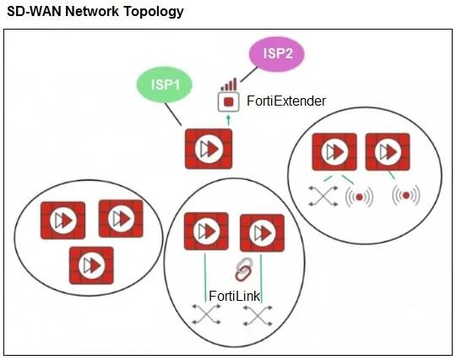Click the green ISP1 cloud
165,85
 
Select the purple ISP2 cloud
277,53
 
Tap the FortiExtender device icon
229,102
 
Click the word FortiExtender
286,101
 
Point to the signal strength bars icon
229,85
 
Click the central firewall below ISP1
209,149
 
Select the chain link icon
244,270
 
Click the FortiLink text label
235,296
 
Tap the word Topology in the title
154,12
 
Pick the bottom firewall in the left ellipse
91,265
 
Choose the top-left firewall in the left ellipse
62,220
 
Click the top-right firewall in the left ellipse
121,218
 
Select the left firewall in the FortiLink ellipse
206,231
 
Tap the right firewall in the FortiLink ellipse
262,233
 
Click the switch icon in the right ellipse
323,196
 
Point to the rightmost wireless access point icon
406,195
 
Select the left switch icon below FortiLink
206,314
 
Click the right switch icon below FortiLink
258,315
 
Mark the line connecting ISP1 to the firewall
174,114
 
